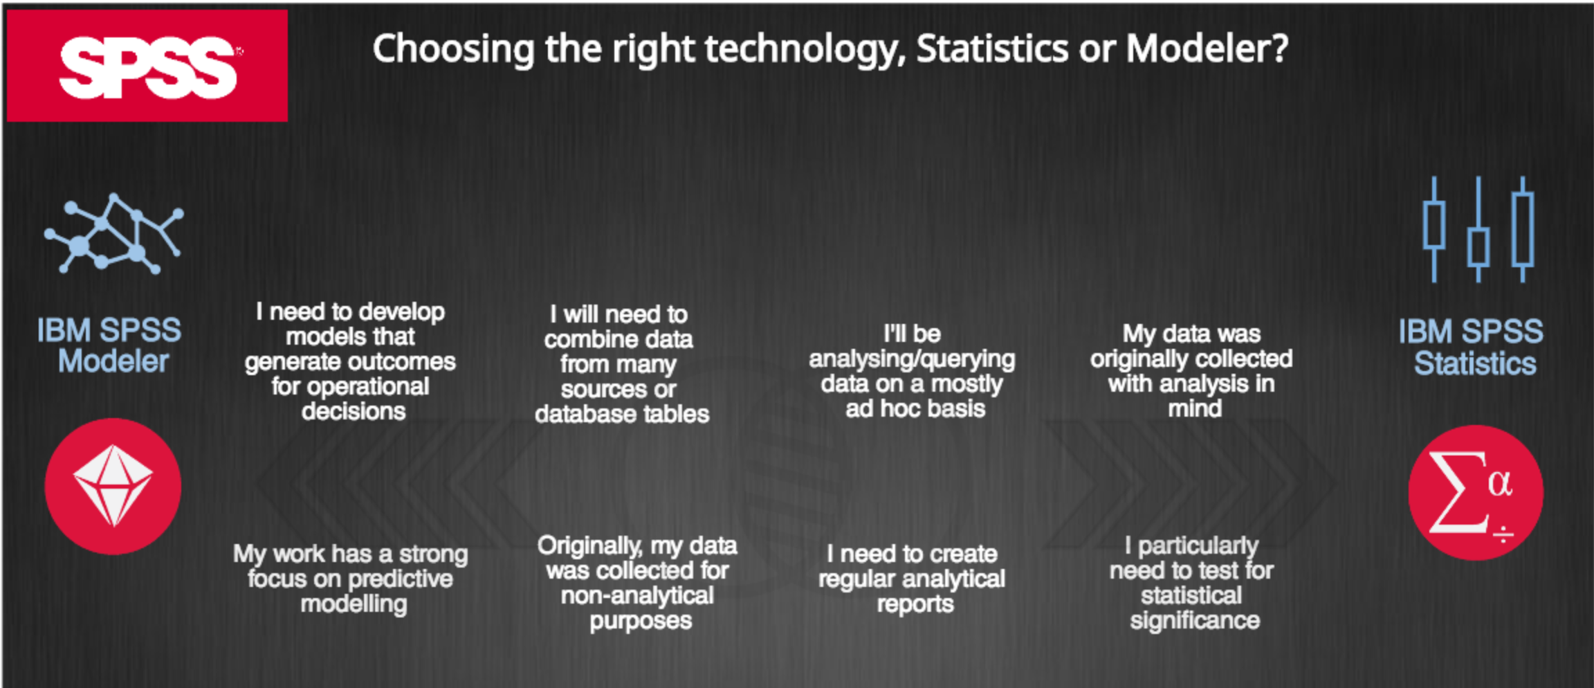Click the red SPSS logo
(x=147, y=66)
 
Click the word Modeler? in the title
(x=1207, y=48)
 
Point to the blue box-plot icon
(x=1478, y=229)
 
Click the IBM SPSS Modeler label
(x=110, y=345)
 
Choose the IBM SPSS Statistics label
(x=1472, y=347)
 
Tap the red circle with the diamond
(x=113, y=486)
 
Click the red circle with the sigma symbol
(x=1476, y=492)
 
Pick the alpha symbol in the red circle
(x=1500, y=483)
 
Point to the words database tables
(x=622, y=414)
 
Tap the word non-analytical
(x=637, y=595)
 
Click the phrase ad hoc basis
(x=915, y=408)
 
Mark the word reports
(x=915, y=604)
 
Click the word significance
(x=1195, y=621)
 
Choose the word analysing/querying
(x=912, y=359)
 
